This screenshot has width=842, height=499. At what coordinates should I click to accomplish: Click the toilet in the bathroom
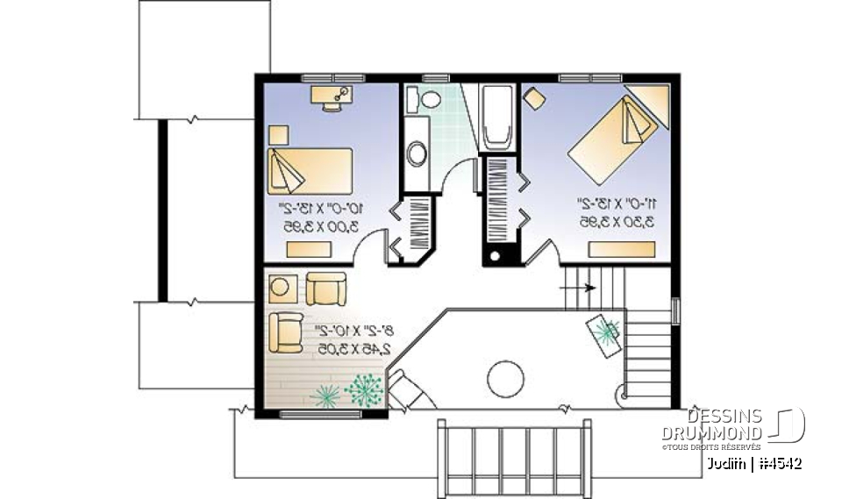(429, 99)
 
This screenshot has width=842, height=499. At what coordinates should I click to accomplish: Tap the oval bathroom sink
(417, 154)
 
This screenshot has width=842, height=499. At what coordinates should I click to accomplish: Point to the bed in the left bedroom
(310, 169)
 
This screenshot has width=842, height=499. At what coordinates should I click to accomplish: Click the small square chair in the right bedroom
(532, 97)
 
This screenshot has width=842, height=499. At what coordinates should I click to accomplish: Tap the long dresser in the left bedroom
(310, 249)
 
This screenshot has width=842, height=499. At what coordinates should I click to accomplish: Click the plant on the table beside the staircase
(605, 331)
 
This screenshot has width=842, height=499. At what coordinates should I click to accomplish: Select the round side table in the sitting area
(282, 287)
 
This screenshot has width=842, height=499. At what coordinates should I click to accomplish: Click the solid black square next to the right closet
(497, 256)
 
